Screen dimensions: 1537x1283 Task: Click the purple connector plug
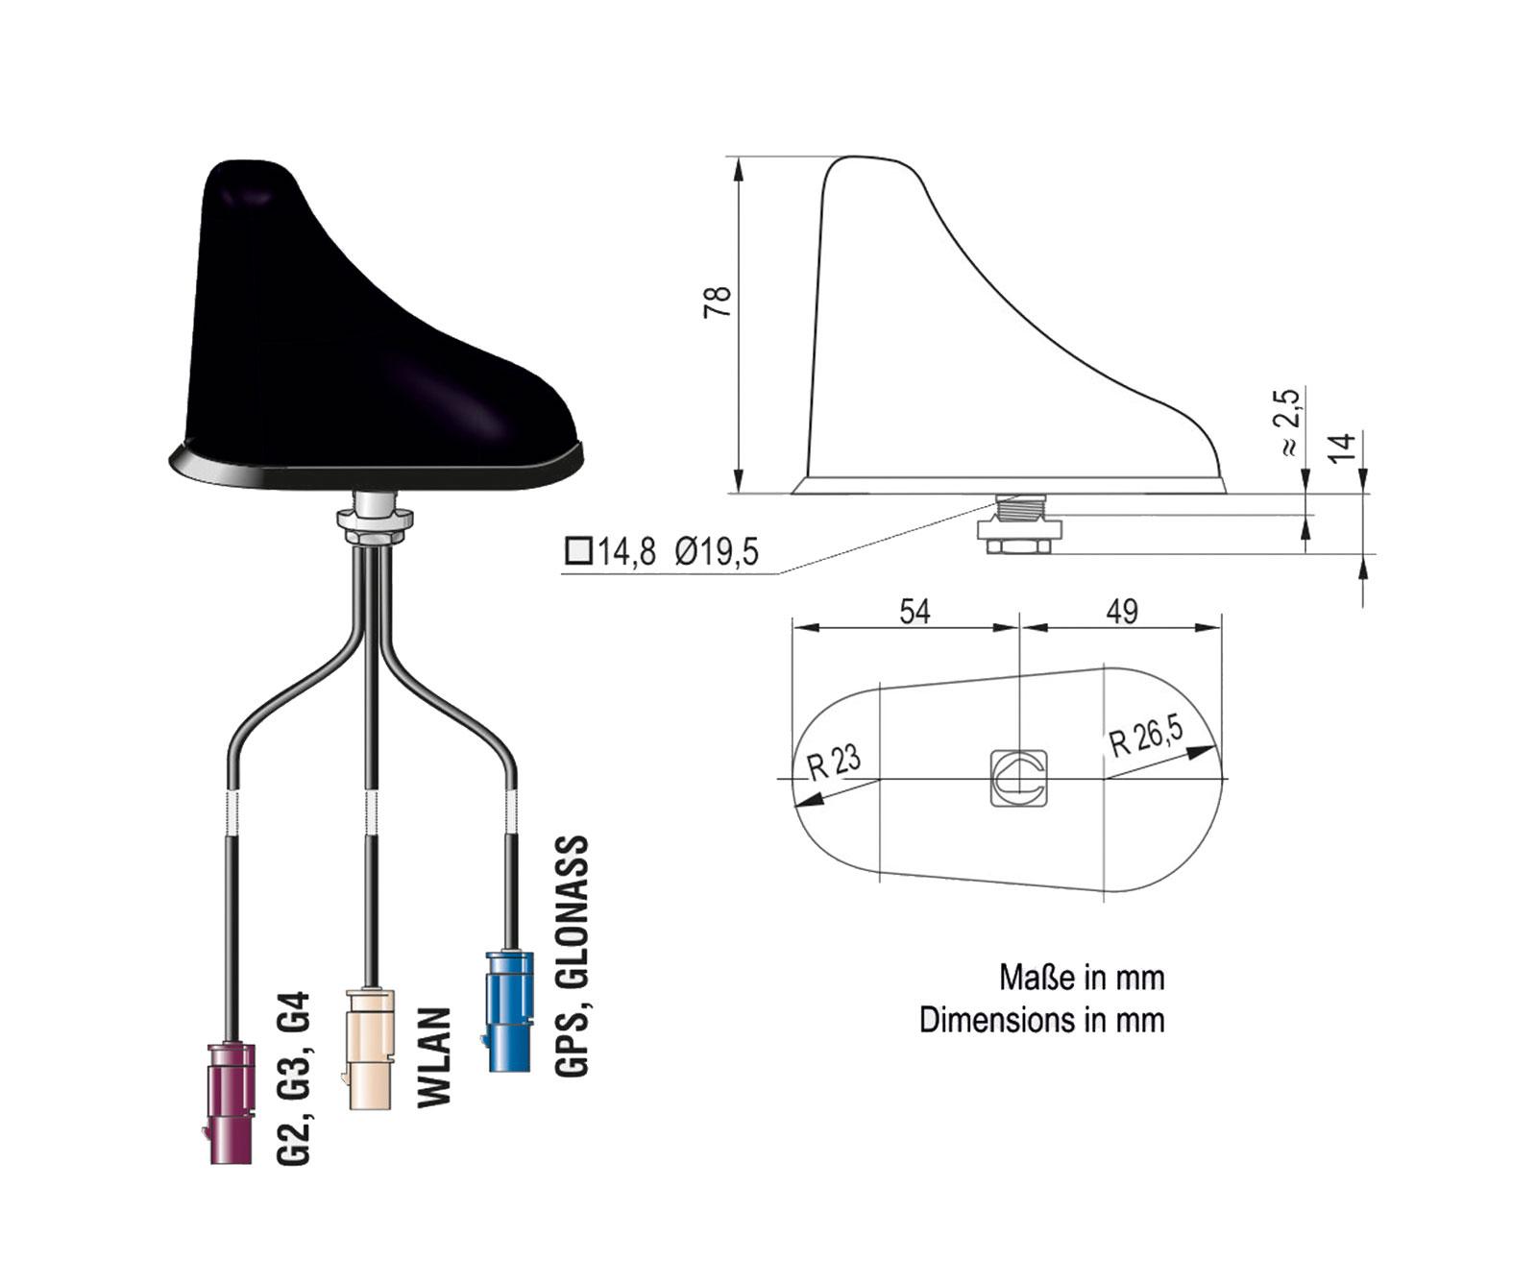[x=232, y=1102]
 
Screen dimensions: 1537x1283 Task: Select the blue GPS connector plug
[x=509, y=1010]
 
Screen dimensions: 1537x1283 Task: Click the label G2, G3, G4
[x=294, y=1078]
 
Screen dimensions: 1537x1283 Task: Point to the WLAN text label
[x=434, y=1056]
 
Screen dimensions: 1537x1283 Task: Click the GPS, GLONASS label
[x=572, y=956]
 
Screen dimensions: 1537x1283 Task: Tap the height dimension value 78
[x=718, y=302]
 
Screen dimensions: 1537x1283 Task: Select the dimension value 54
[x=915, y=611]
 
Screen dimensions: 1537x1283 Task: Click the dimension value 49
[x=1122, y=611]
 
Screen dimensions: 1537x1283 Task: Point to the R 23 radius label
[x=834, y=763]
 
